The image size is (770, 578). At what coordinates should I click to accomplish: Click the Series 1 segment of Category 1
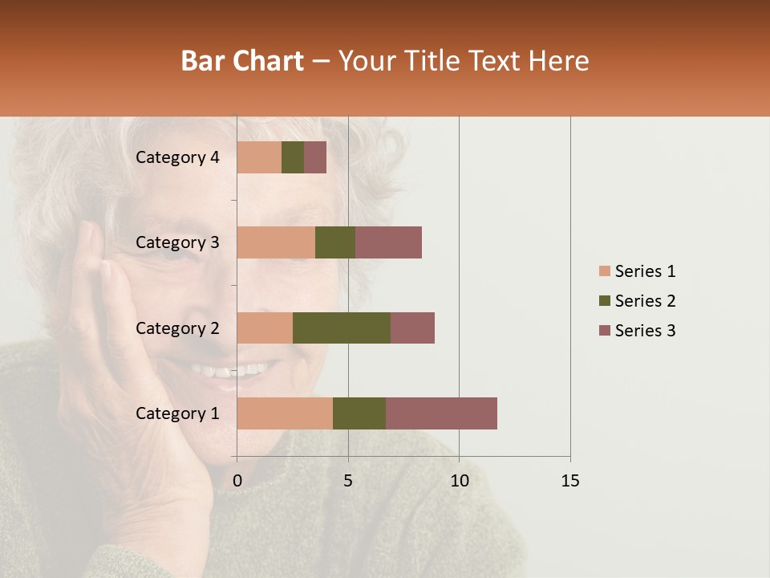285,413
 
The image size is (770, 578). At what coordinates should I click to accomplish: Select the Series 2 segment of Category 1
359,413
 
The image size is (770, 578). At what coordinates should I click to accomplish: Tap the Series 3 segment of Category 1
441,413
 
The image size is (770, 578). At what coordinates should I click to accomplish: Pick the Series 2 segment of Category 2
342,328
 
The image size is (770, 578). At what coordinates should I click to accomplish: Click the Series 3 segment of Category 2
412,328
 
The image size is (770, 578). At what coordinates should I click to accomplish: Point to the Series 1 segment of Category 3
276,242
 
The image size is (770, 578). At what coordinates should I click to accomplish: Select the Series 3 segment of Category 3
388,242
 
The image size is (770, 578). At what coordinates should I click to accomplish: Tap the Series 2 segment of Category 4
293,157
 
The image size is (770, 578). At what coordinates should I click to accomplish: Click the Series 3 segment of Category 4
315,157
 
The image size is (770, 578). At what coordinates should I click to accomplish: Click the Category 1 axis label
177,413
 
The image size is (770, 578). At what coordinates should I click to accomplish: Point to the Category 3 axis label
177,242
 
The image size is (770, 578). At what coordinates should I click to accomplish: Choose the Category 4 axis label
177,157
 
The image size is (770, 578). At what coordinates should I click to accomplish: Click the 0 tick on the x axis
237,481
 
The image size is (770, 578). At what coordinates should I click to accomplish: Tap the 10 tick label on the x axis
459,481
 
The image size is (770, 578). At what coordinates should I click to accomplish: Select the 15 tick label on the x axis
570,481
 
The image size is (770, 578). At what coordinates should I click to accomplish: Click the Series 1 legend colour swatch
605,271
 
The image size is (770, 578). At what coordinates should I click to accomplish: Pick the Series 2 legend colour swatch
605,301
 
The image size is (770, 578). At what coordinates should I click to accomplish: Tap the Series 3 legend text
645,331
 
